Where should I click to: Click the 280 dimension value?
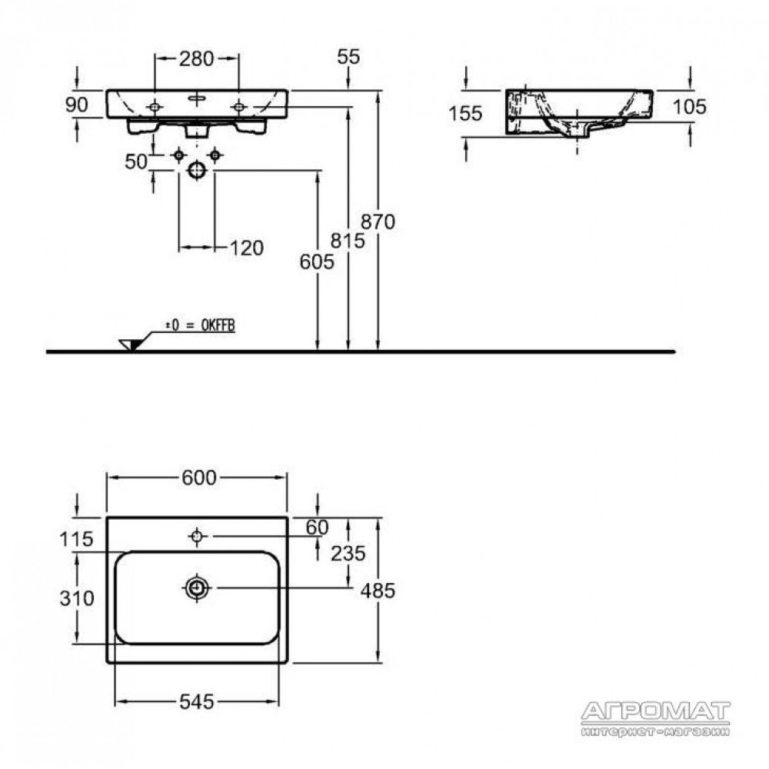pos(196,59)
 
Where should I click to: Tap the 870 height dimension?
pos(378,221)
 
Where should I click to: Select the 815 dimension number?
pos(348,240)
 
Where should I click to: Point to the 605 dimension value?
pos(317,262)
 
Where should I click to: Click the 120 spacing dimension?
pos(247,248)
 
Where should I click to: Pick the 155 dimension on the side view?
pos(465,114)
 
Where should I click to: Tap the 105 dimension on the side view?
pos(689,106)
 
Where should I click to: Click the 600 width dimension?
pos(198,478)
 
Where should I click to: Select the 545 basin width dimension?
pos(197,702)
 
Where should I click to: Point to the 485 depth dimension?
pos(378,591)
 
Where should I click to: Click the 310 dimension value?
pos(77,598)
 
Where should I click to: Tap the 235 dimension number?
pos(348,554)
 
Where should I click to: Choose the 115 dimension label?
pos(76,540)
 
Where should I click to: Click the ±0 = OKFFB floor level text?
pos(200,325)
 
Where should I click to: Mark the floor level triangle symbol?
pos(130,345)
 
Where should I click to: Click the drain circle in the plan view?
pos(197,588)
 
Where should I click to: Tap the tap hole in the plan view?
pos(197,536)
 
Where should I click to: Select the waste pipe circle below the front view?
pos(197,170)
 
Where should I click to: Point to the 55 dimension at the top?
pos(348,57)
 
